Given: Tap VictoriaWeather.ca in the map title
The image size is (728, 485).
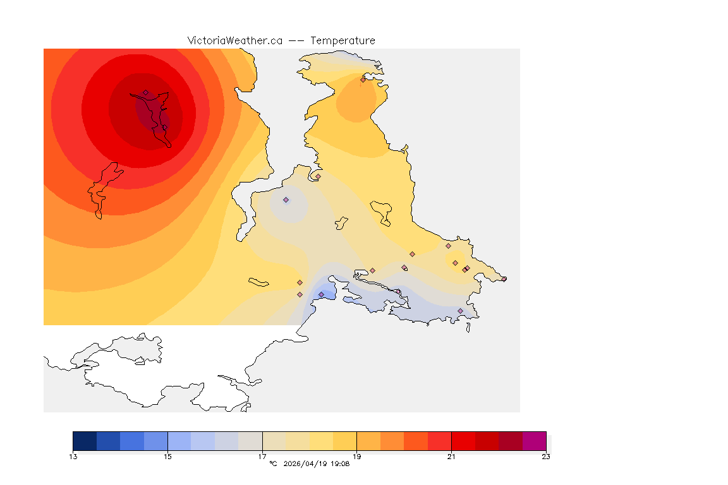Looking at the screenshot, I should [x=234, y=40].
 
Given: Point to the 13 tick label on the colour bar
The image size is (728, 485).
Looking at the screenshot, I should [x=73, y=457].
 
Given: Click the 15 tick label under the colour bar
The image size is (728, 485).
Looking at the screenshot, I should [x=167, y=457].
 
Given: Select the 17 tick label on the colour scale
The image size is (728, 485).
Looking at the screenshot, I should [x=262, y=457].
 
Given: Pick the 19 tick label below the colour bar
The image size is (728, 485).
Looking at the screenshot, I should [x=357, y=457].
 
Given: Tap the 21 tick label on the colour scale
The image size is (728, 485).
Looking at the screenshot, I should [x=451, y=457].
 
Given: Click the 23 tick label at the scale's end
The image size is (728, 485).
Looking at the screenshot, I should [x=546, y=457].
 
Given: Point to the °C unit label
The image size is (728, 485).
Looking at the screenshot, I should [x=273, y=464].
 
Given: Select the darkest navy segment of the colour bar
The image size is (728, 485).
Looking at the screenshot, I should [x=85, y=440].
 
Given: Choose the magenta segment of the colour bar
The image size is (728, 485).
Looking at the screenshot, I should [x=534, y=440].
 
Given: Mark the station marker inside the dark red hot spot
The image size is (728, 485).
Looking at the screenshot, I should [x=145, y=93].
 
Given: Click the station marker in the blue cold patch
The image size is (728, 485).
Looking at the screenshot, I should [x=321, y=295].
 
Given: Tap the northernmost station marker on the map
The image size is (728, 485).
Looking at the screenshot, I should [x=363, y=80].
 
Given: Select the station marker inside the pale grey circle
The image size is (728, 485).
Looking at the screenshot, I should [x=286, y=200].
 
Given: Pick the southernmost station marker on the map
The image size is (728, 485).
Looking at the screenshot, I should [x=460, y=311].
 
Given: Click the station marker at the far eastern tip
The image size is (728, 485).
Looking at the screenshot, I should [x=504, y=279].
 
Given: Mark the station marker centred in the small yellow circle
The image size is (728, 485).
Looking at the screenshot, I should [x=455, y=263].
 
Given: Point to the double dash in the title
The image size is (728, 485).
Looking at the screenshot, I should [x=296, y=40].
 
